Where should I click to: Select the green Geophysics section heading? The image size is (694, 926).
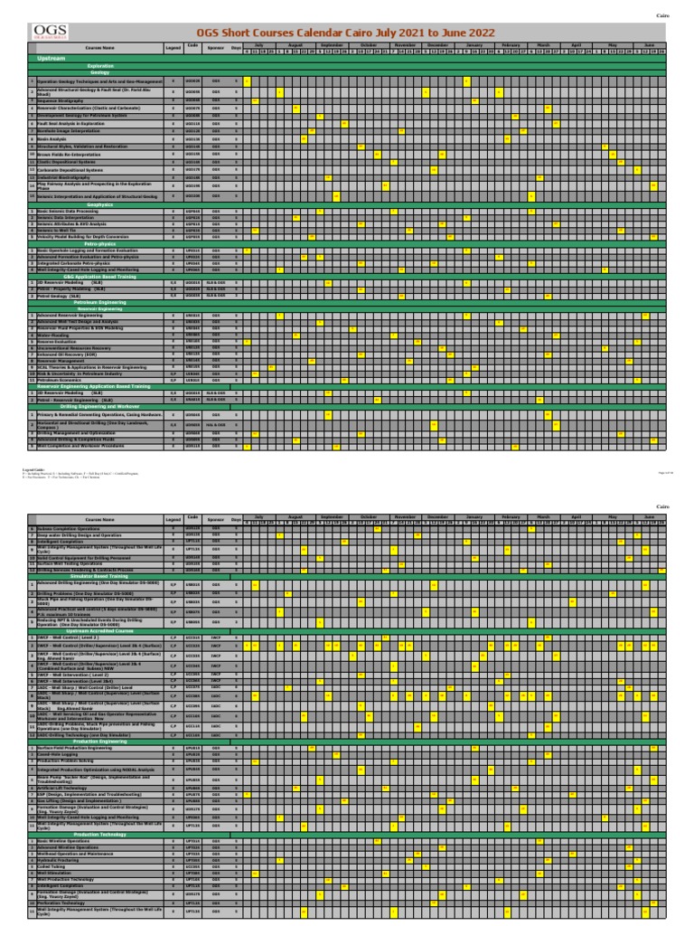point(99,204)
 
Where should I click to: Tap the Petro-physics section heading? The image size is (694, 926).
point(100,243)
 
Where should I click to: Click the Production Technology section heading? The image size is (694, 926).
point(100,834)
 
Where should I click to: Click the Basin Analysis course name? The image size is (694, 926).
point(51,138)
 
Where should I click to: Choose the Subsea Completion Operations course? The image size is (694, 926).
point(71,527)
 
